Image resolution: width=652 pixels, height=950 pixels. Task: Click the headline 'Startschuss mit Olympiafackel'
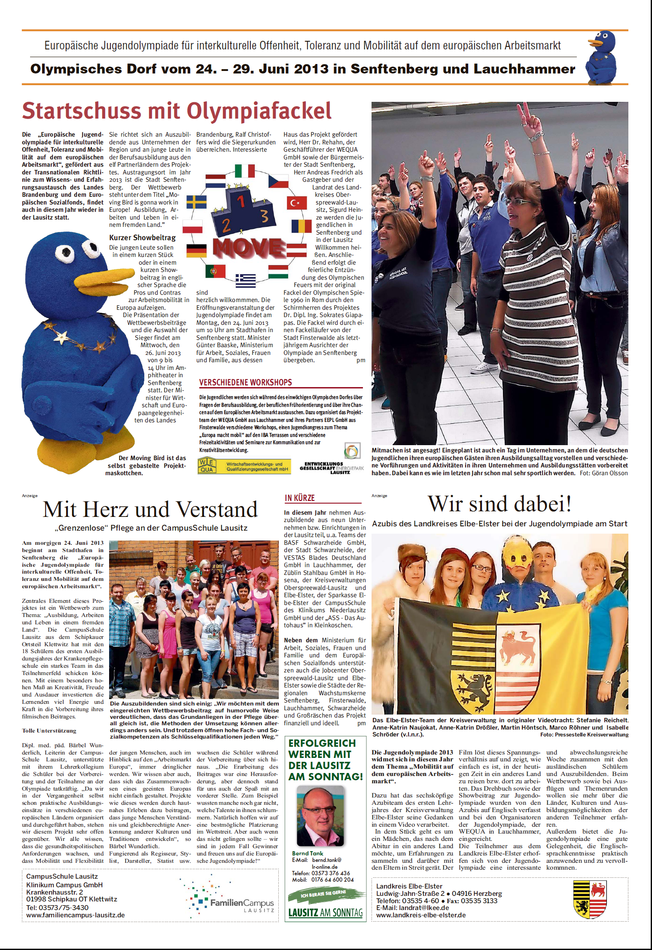tap(177, 111)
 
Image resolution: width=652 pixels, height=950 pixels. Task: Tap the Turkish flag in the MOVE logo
tap(297, 203)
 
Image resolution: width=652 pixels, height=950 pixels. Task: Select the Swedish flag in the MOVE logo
tap(196, 202)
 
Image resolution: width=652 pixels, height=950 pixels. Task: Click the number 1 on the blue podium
tap(241, 200)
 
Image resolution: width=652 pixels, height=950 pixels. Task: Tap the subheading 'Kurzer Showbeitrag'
tap(142, 238)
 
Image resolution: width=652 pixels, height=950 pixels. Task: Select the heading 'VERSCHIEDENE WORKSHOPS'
tap(245, 382)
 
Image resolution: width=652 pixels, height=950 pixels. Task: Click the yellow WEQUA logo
tap(207, 465)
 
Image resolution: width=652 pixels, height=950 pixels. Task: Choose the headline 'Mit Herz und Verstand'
tap(150, 510)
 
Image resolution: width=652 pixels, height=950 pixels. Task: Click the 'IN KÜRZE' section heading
tap(300, 498)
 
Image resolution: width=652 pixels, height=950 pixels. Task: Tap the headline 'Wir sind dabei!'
tap(500, 504)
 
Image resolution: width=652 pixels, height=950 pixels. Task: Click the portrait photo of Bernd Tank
tap(321, 816)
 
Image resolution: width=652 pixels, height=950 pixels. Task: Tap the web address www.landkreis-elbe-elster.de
tap(421, 915)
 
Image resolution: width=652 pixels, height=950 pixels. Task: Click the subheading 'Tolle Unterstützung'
tap(49, 730)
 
